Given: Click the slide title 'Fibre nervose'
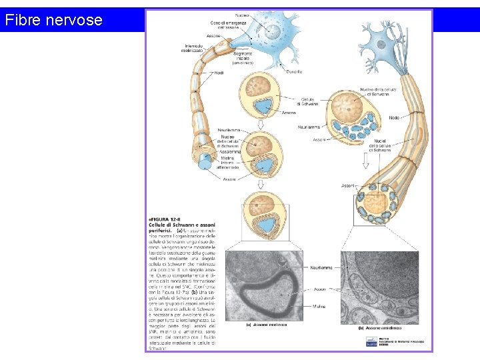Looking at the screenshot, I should click(53, 20).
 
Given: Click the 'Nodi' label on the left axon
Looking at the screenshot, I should click(219, 72).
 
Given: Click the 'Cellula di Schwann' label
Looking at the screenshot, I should click(309, 101).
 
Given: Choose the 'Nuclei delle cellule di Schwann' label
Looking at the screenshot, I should click(381, 144).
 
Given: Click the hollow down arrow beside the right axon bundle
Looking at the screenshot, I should click(365, 160).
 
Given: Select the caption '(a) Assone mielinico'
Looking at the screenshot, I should click(267, 325).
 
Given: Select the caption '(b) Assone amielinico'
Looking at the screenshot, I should click(379, 327).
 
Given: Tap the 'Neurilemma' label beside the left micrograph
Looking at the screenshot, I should click(323, 269).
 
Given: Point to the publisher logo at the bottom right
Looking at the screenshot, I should click(371, 342).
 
